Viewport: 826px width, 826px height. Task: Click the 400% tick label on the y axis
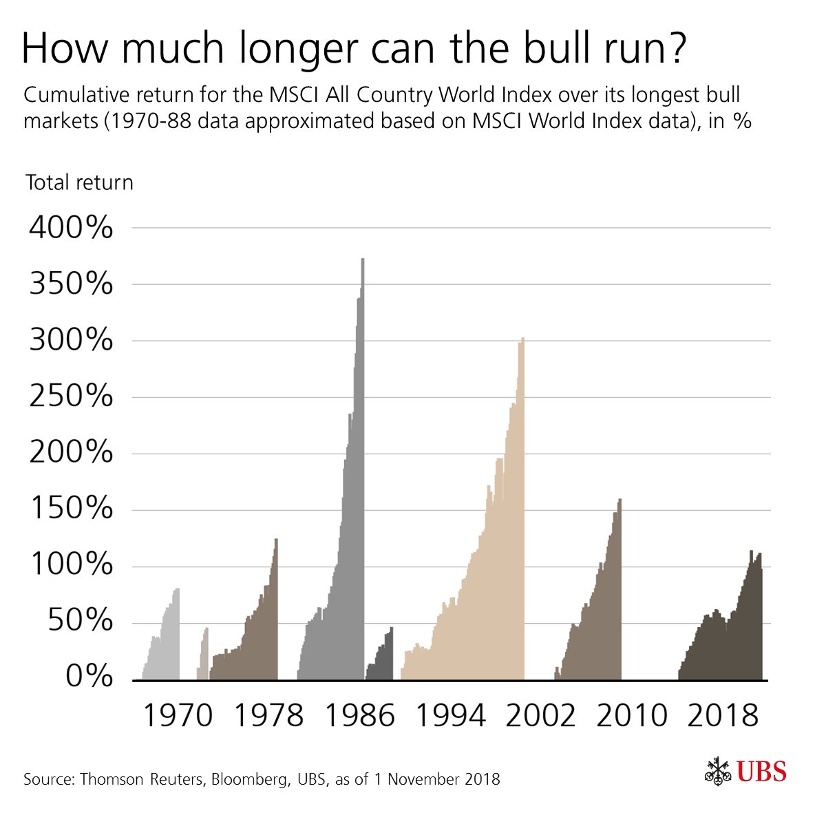click(x=71, y=228)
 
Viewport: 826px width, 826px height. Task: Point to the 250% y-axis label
click(x=71, y=397)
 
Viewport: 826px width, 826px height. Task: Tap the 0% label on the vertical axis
click(x=89, y=677)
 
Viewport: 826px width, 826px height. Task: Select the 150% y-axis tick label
click(x=71, y=510)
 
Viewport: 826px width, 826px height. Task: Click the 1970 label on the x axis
click(x=178, y=717)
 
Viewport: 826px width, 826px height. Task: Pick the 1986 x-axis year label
click(x=359, y=717)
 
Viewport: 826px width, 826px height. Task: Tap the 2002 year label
click(x=540, y=717)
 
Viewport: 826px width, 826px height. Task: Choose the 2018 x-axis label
click(x=723, y=717)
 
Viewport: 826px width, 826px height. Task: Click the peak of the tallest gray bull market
click(x=362, y=260)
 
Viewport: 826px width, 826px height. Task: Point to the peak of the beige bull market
click(x=522, y=339)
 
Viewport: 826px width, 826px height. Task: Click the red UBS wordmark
click(x=762, y=772)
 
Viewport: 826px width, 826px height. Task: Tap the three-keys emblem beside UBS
click(x=718, y=772)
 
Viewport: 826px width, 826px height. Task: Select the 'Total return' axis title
click(x=79, y=182)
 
